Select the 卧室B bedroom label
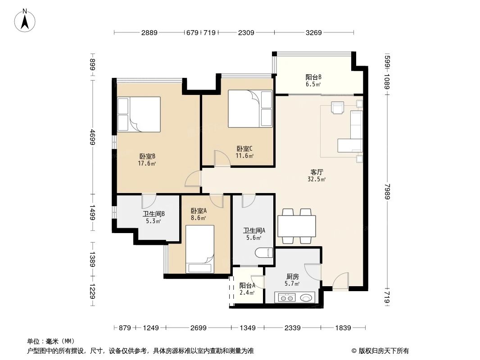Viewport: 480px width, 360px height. click(147, 157)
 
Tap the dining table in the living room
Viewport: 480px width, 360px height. click(297, 226)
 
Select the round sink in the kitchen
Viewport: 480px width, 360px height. click(307, 297)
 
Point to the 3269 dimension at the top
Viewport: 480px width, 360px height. click(313, 32)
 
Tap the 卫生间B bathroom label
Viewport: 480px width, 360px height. click(154, 214)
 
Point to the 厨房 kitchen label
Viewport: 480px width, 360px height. click(293, 277)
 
